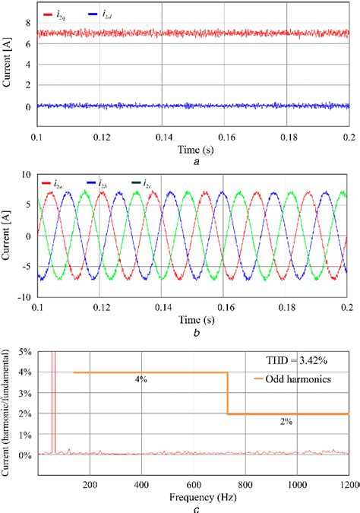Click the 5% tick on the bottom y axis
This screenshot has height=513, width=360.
click(x=24, y=353)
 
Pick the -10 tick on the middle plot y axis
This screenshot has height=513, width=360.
click(x=23, y=298)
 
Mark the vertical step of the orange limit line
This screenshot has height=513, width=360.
click(x=228, y=393)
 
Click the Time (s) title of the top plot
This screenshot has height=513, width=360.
click(x=195, y=149)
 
